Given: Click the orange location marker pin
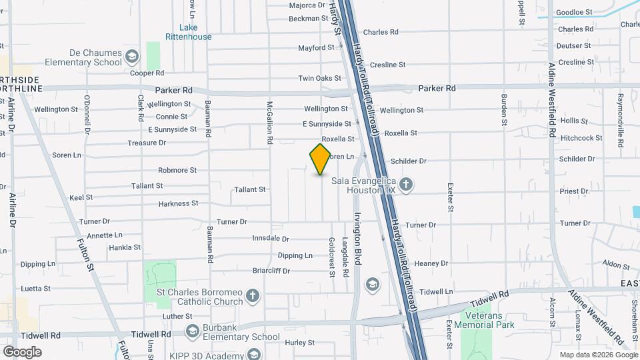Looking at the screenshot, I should click(x=320, y=159).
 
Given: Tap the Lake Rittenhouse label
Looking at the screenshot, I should click(x=189, y=32).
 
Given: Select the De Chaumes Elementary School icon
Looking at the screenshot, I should click(x=132, y=55).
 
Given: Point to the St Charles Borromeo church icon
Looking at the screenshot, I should click(x=252, y=295).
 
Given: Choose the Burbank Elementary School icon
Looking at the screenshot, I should click(x=193, y=331).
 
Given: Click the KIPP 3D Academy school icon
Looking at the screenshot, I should click(x=252, y=354).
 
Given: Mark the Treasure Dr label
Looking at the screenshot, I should click(x=147, y=143).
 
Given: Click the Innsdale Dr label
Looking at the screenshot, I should click(x=271, y=238).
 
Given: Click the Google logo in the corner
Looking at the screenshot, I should click(x=22, y=352).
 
